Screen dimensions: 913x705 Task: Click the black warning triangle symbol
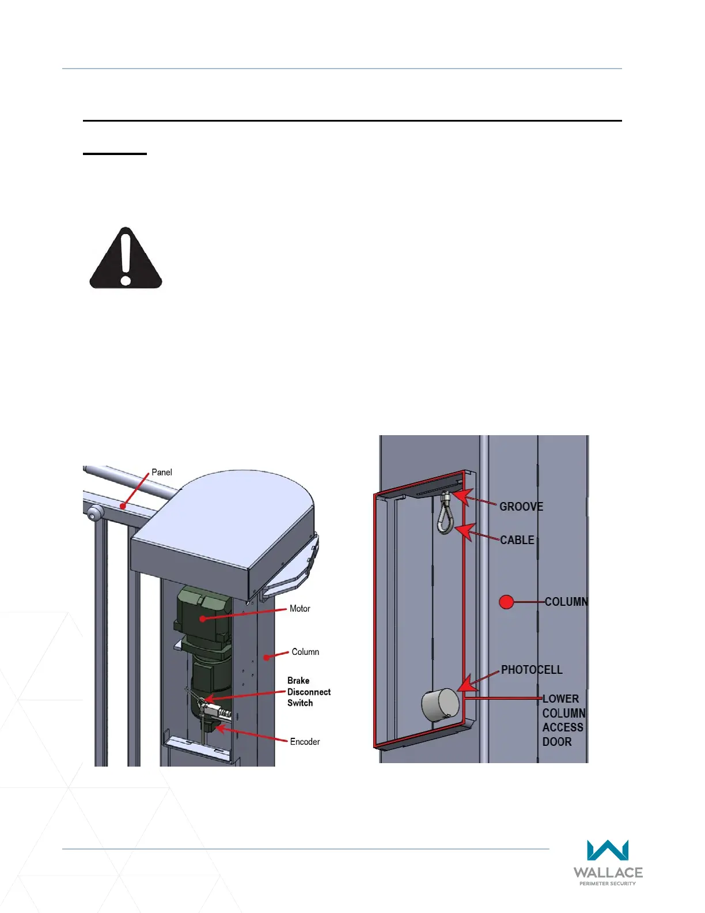126,259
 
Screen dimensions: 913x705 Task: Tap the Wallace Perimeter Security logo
608,862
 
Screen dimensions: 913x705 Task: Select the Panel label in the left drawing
161,472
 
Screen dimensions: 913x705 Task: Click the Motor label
300,609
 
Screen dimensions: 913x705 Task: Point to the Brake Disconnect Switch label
309,692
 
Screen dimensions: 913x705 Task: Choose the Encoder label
305,742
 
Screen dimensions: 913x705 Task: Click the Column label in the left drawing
305,652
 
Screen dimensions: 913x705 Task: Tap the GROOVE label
521,507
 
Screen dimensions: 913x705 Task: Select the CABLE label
517,540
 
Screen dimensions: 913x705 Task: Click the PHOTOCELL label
532,670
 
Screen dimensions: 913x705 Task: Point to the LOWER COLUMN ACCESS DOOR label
563,720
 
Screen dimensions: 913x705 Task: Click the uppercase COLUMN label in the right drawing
566,602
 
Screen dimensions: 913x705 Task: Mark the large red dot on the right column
506,602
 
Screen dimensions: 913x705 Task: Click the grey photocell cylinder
441,705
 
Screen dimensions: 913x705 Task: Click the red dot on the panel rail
122,506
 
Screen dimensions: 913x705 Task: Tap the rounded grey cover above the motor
225,525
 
